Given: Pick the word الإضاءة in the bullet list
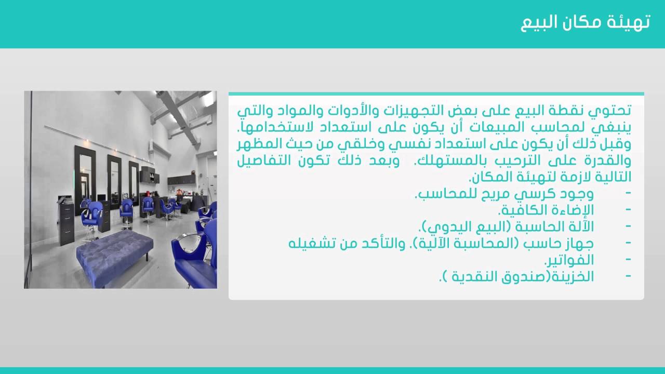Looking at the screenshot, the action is pyautogui.click(x=569, y=210).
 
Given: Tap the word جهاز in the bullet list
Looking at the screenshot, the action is pyautogui.click(x=580, y=244).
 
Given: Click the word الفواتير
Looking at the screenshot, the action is pyautogui.click(x=569, y=260).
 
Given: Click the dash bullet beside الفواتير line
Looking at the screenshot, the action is pyautogui.click(x=628, y=260).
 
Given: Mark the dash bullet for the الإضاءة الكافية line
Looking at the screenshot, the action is pyautogui.click(x=628, y=210).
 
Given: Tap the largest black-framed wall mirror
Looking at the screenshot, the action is pyautogui.click(x=84, y=180).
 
